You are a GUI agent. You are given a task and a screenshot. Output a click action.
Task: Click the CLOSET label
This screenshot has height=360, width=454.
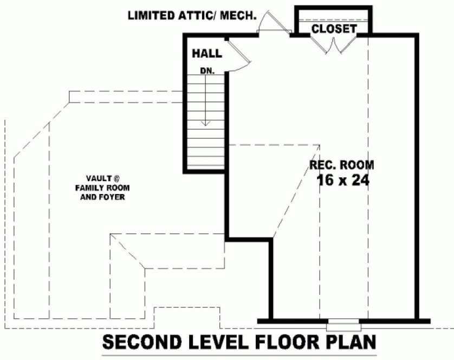334,29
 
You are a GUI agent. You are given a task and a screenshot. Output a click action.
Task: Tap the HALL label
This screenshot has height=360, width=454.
207,53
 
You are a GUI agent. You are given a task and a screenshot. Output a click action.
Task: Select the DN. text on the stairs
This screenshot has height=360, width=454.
207,70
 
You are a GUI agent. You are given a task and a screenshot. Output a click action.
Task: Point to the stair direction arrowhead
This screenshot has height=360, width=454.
205,124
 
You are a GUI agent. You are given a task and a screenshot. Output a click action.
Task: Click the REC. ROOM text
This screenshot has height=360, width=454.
341,165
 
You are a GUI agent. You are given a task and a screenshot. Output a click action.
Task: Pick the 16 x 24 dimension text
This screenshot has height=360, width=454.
342,181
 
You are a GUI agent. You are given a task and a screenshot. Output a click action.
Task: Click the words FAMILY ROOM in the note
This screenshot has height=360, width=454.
102,188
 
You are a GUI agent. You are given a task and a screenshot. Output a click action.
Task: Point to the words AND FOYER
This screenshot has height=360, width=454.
102,197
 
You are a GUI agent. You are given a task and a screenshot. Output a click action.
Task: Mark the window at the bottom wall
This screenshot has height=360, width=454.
343,326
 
